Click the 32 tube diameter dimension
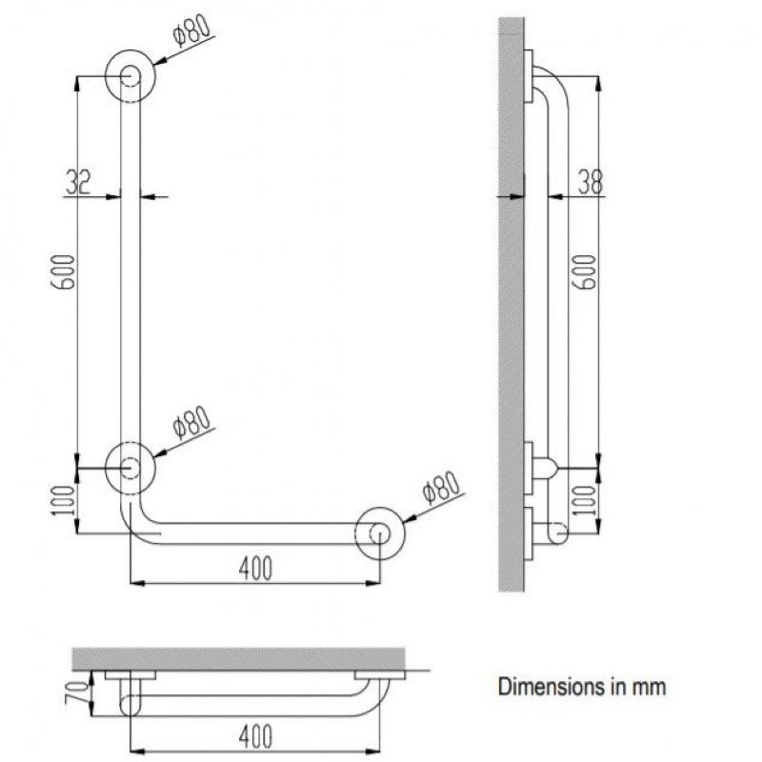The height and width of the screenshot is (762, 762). coord(78,182)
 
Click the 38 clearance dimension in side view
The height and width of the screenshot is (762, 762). coord(591,182)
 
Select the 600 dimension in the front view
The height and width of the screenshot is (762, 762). coord(64,272)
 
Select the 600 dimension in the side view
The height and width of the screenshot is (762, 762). coord(587,272)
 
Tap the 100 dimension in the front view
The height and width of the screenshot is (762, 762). coord(64,500)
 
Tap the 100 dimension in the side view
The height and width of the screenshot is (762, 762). coord(586,500)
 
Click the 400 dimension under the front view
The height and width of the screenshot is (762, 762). coord(255,569)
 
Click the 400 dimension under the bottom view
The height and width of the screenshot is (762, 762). coord(255,736)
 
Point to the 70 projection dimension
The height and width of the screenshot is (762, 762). coord(78,692)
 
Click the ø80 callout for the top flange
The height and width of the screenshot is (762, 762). coord(192,30)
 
